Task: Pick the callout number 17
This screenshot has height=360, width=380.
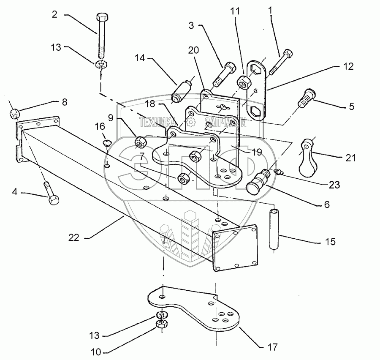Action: [273, 347]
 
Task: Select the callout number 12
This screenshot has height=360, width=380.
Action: [348, 67]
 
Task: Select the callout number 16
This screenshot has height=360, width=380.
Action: [99, 126]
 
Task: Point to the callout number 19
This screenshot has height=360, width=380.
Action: [256, 151]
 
